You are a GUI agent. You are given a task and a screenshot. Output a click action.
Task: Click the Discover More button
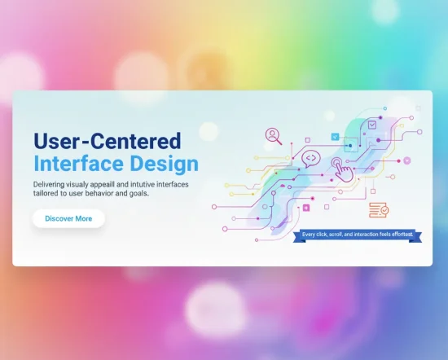(x=68, y=218)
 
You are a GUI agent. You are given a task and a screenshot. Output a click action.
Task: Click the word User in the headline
(x=62, y=140)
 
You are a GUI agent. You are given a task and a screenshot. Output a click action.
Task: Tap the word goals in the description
(x=136, y=194)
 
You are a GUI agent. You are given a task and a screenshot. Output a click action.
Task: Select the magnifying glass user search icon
(x=272, y=135)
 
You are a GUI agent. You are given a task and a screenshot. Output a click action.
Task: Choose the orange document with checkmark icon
(x=379, y=209)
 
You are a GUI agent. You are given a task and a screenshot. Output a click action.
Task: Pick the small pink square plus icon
(x=306, y=208)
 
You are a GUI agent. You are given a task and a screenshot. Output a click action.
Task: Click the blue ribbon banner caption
(x=357, y=235)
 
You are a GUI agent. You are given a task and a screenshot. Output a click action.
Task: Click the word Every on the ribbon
(x=310, y=235)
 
